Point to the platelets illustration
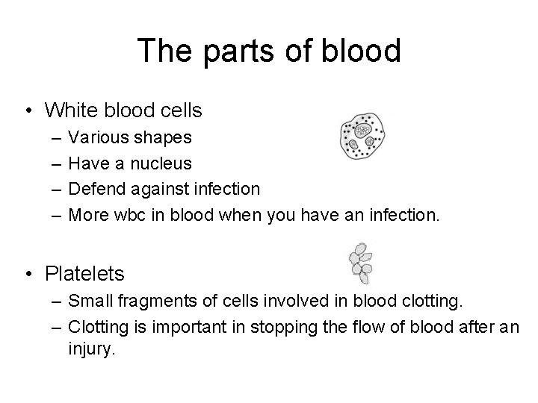(x=361, y=263)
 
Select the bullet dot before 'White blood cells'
(x=27, y=111)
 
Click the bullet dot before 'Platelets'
(x=27, y=275)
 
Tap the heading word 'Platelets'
(x=84, y=275)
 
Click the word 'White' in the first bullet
(x=68, y=111)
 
